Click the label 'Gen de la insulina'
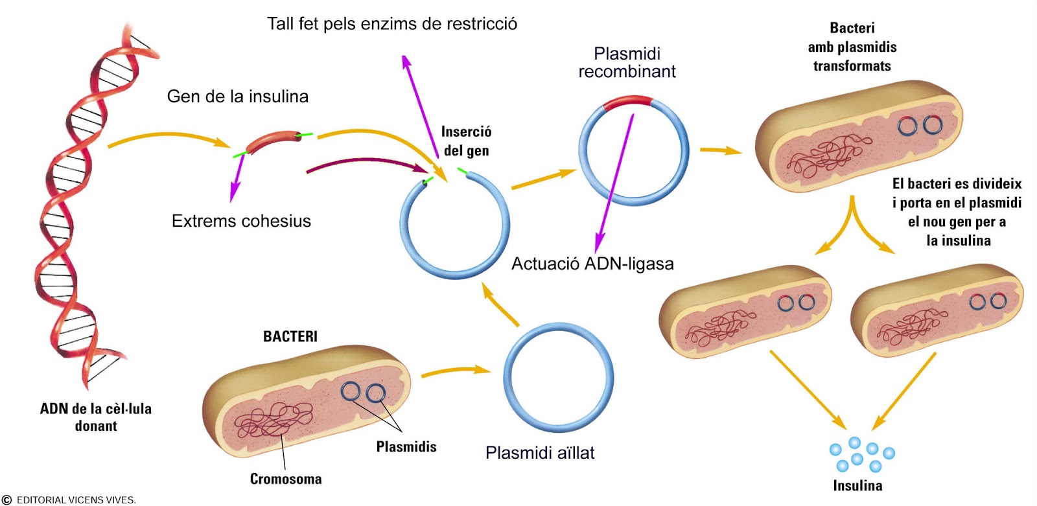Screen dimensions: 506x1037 click(237, 97)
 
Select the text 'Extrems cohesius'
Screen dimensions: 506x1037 click(241, 221)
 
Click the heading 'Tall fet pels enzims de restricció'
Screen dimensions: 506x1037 click(392, 24)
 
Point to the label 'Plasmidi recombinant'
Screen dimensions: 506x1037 click(627, 62)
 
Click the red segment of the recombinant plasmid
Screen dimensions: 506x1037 click(627, 101)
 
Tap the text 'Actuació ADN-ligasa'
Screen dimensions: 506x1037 click(592, 264)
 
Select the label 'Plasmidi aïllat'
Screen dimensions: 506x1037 click(540, 453)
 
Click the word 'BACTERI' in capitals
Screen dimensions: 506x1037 click(290, 336)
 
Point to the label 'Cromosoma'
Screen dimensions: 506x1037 click(286, 479)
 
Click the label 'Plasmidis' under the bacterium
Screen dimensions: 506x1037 click(406, 446)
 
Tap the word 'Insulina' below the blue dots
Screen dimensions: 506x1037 click(857, 485)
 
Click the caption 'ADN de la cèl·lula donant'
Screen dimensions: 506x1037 click(96, 417)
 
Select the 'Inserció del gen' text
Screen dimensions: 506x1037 click(466, 141)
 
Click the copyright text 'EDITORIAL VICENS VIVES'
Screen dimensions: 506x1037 click(76, 500)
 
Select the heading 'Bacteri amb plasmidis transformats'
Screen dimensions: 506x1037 click(852, 47)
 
